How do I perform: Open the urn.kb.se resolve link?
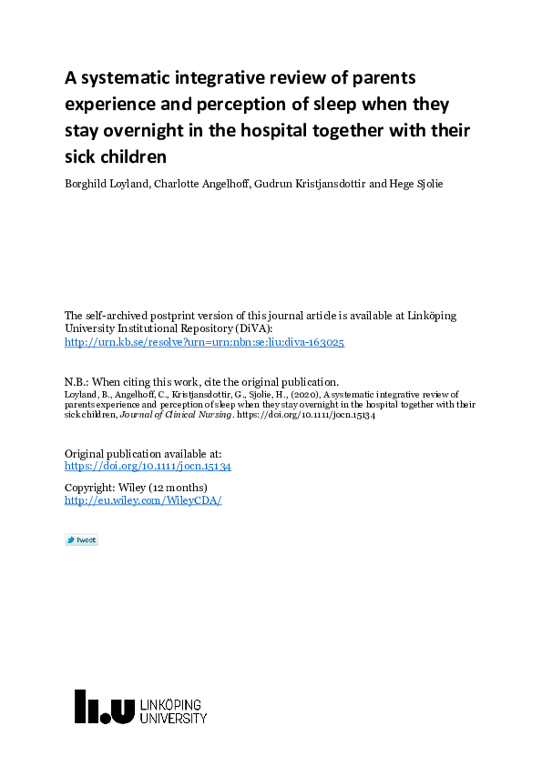tap(204, 342)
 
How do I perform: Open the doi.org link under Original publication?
tap(148, 466)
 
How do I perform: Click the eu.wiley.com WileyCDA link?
tap(143, 500)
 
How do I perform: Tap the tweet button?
tap(81, 539)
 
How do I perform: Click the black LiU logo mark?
tap(104, 706)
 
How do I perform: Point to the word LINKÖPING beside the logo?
tap(172, 705)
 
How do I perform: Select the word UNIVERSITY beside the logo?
tap(174, 719)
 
